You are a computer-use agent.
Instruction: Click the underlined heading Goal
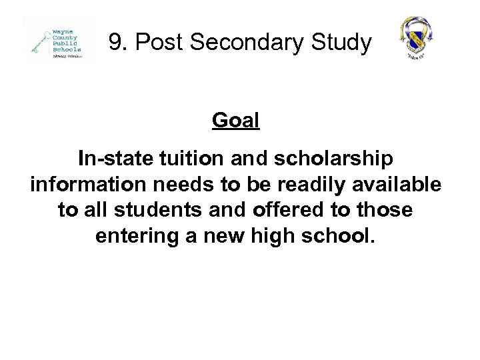(235, 122)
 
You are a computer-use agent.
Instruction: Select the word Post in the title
(153, 43)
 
